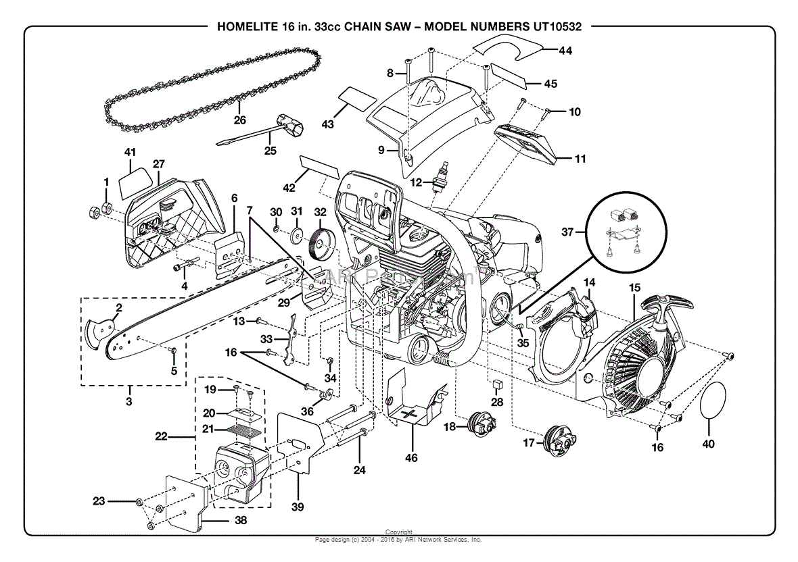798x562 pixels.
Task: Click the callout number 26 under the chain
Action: tap(239, 121)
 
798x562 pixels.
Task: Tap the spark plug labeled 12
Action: tap(444, 177)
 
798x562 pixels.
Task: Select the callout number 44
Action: tap(565, 50)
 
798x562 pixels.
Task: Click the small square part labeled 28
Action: tap(498, 384)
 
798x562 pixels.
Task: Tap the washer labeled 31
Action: tap(296, 236)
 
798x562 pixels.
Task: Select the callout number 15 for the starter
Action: tap(634, 288)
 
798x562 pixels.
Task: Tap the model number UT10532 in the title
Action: tap(553, 27)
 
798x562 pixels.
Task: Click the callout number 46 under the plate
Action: tap(411, 458)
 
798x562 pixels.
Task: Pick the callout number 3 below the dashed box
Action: tap(128, 401)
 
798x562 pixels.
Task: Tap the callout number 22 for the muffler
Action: tap(161, 437)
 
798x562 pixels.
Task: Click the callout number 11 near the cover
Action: tap(580, 159)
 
